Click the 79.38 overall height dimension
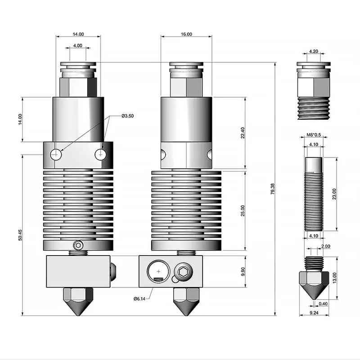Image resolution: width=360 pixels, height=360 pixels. click(273, 189)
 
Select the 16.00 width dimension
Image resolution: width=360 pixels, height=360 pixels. click(186, 34)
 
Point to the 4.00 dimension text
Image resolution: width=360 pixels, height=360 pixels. click(77, 45)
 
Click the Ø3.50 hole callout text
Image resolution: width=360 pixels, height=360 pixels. click(128, 116)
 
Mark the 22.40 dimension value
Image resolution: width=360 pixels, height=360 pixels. click(243, 133)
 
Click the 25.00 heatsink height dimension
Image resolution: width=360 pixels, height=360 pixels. click(243, 211)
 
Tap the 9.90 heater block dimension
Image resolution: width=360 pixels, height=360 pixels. click(243, 271)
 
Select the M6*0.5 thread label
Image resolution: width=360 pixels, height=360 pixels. click(313, 135)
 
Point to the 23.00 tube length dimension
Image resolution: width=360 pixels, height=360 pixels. click(334, 194)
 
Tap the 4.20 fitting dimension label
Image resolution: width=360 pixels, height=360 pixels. click(314, 52)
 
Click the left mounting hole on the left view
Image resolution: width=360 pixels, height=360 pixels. click(56, 155)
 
